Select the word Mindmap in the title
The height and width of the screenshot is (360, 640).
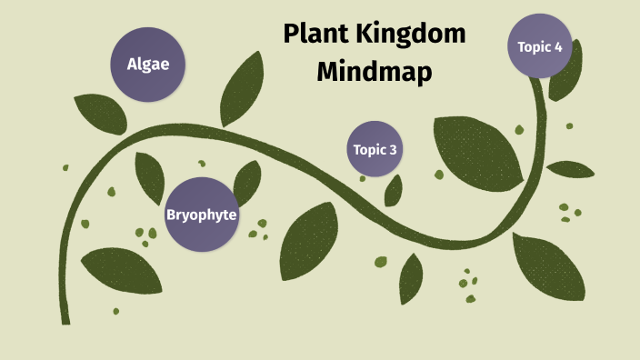pyautogui.click(x=374, y=72)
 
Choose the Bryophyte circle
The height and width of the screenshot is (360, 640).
pyautogui.click(x=201, y=215)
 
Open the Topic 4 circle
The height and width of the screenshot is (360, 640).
pyautogui.click(x=539, y=45)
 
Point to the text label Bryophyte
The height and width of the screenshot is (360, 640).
pyautogui.click(x=201, y=215)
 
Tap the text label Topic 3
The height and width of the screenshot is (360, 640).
pyautogui.click(x=374, y=150)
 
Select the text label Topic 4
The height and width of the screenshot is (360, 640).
pyautogui.click(x=539, y=45)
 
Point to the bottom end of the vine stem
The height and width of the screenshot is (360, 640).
pyautogui.click(x=65, y=319)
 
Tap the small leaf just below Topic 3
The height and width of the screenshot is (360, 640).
pyautogui.click(x=394, y=190)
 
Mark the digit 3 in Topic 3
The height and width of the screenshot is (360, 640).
pyautogui.click(x=393, y=150)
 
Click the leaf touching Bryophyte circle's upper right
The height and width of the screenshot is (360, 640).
pyautogui.click(x=247, y=182)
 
